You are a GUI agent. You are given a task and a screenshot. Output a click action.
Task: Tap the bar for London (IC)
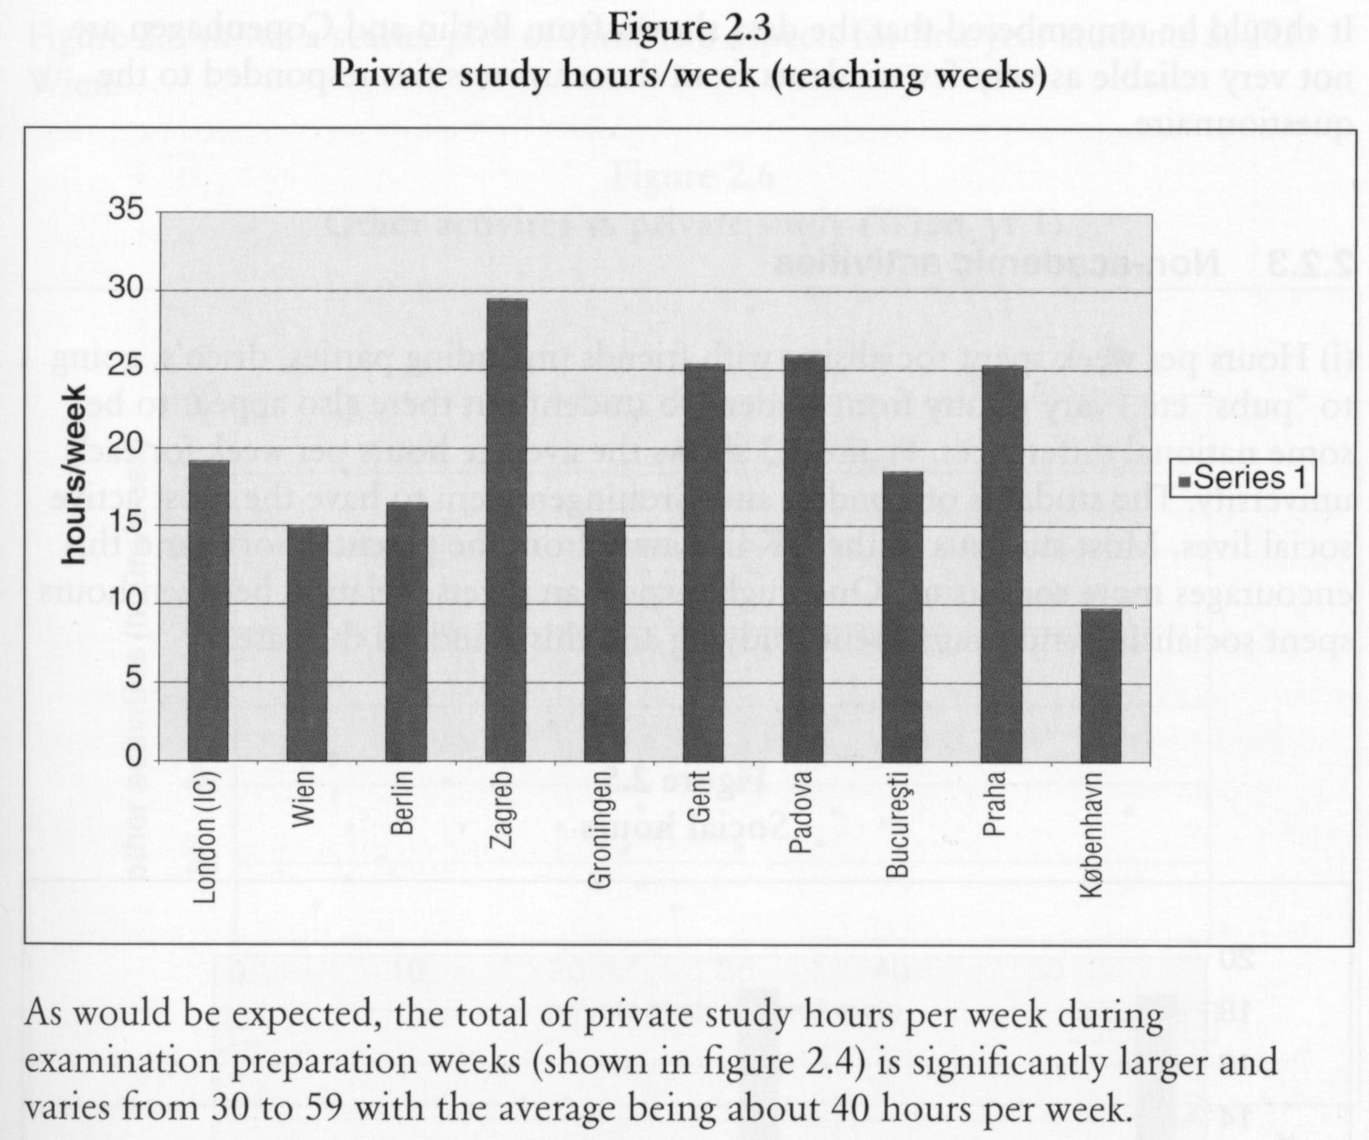pyautogui.click(x=208, y=611)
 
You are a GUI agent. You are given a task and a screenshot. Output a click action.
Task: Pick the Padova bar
pyautogui.click(x=804, y=558)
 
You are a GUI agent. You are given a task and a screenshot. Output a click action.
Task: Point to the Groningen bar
pyautogui.click(x=605, y=640)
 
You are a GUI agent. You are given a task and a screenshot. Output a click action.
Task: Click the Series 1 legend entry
pyautogui.click(x=1242, y=479)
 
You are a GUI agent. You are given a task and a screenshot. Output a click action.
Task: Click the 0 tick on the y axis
pyautogui.click(x=133, y=758)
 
